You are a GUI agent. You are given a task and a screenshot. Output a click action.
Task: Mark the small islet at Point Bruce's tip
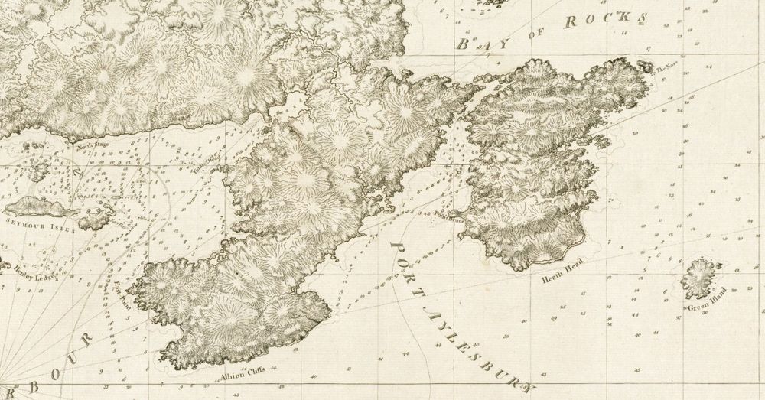(x=452, y=213)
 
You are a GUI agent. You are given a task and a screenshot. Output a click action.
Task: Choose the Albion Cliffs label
(x=243, y=375)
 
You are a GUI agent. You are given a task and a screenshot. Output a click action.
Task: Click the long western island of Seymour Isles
(x=40, y=207)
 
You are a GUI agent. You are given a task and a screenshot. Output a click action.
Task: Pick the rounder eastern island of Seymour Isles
(x=96, y=220)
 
